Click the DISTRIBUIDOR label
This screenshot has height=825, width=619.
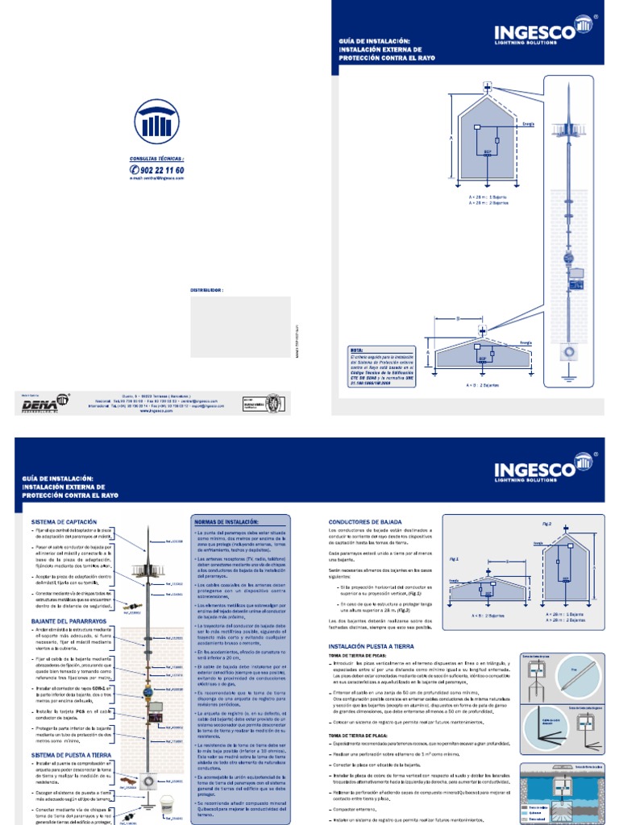pyautogui.click(x=206, y=288)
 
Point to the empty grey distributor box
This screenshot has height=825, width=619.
pyautogui.click(x=240, y=326)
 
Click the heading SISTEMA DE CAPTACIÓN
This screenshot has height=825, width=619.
pyautogui.click(x=64, y=522)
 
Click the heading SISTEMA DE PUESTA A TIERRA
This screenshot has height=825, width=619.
pyautogui.click(x=73, y=754)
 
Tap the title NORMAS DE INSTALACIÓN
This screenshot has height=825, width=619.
pyautogui.click(x=229, y=522)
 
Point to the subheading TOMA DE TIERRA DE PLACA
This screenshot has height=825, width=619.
pyautogui.click(x=357, y=735)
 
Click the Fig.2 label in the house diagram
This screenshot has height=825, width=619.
pyautogui.click(x=547, y=524)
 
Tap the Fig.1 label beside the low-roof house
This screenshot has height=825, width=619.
pyautogui.click(x=454, y=558)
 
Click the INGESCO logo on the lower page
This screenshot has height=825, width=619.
pyautogui.click(x=546, y=468)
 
